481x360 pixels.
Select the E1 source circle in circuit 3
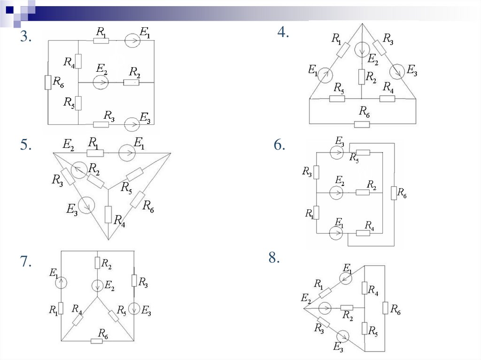132,41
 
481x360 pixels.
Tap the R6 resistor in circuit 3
48,83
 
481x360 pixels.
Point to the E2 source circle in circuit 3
101,83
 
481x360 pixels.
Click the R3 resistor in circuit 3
101,124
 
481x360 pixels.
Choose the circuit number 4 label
283,32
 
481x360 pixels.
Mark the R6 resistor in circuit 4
362,124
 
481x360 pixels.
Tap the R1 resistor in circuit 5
95,153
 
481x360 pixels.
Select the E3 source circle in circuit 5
86,205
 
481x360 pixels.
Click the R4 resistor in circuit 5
108,214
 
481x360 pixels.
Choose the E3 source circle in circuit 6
336,153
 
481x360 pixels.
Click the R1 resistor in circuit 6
317,213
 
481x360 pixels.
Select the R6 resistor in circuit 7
97,341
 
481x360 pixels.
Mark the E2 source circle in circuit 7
98,285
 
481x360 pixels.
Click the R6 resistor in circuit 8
385,308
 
